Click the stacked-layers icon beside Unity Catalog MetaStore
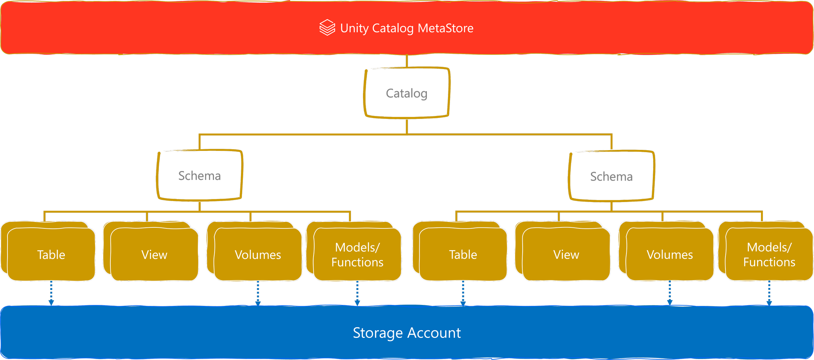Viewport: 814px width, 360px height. click(x=327, y=28)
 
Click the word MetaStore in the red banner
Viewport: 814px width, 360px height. click(x=445, y=28)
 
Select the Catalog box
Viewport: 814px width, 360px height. click(x=407, y=93)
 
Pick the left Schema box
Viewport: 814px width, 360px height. click(x=200, y=175)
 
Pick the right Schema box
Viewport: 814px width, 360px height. click(x=611, y=176)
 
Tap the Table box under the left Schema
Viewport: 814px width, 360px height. click(x=51, y=254)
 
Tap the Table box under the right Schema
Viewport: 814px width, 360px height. click(x=463, y=254)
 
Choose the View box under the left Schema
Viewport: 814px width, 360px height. click(x=154, y=254)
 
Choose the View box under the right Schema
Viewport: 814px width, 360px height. click(x=566, y=254)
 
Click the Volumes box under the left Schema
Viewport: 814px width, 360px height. click(x=258, y=254)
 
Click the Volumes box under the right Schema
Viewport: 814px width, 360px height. click(x=670, y=254)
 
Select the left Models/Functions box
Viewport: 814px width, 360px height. click(x=357, y=254)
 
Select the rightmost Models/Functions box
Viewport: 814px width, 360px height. click(x=769, y=254)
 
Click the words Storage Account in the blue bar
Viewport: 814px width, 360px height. click(x=407, y=333)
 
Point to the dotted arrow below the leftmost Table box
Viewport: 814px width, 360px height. click(x=51, y=293)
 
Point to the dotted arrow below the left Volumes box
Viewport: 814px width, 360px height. click(x=258, y=293)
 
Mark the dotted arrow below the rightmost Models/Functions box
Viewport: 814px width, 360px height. click(x=769, y=293)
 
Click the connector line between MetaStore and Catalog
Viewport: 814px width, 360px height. click(x=407, y=61)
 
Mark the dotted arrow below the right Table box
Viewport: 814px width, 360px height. click(x=463, y=293)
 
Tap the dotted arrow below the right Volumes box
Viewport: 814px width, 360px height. click(x=670, y=293)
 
